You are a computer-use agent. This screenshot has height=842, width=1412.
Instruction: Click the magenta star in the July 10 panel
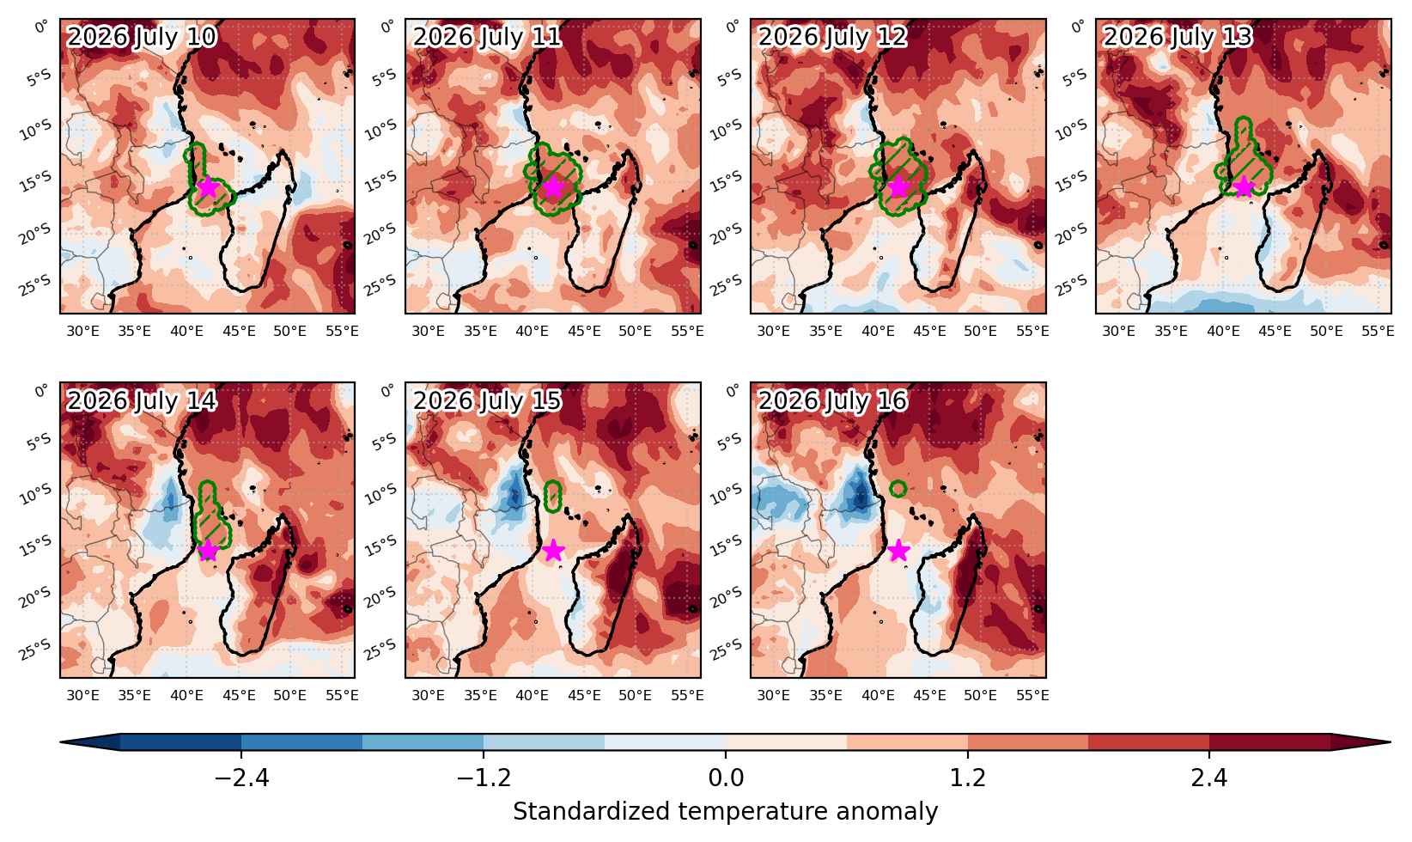(208, 187)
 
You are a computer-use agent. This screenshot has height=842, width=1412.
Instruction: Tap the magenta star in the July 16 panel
(898, 551)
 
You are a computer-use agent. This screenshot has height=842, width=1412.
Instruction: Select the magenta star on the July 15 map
(553, 551)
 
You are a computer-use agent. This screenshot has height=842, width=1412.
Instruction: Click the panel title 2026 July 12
(832, 37)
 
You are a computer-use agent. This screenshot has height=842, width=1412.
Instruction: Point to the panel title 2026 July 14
(141, 400)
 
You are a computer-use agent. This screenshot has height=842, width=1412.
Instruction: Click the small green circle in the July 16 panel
(898, 488)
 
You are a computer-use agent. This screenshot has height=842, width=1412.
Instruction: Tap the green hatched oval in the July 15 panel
(553, 496)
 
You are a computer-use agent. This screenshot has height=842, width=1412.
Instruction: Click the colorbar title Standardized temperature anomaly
(725, 812)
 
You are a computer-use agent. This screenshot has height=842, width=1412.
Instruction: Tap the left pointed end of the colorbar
(60, 742)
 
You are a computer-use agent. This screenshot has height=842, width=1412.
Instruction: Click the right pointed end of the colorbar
(1390, 742)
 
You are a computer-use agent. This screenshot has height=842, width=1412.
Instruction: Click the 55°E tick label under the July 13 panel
(1378, 331)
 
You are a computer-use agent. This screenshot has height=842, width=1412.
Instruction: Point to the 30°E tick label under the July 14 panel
(82, 695)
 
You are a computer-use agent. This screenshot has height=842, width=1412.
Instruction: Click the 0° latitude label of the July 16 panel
(733, 391)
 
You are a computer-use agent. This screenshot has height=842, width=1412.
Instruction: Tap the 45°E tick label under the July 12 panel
(929, 331)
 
